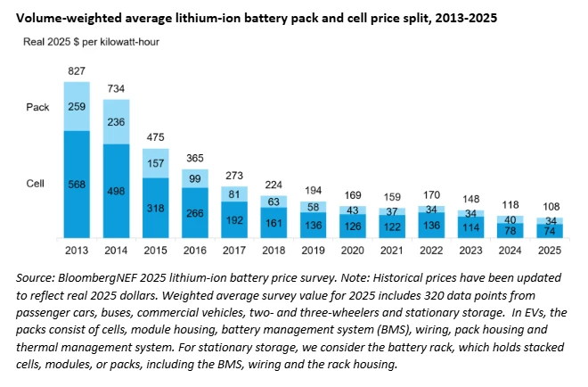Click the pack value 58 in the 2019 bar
pyautogui.click(x=311, y=207)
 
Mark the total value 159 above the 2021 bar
pyautogui.click(x=389, y=197)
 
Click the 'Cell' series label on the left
pyautogui.click(x=35, y=184)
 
